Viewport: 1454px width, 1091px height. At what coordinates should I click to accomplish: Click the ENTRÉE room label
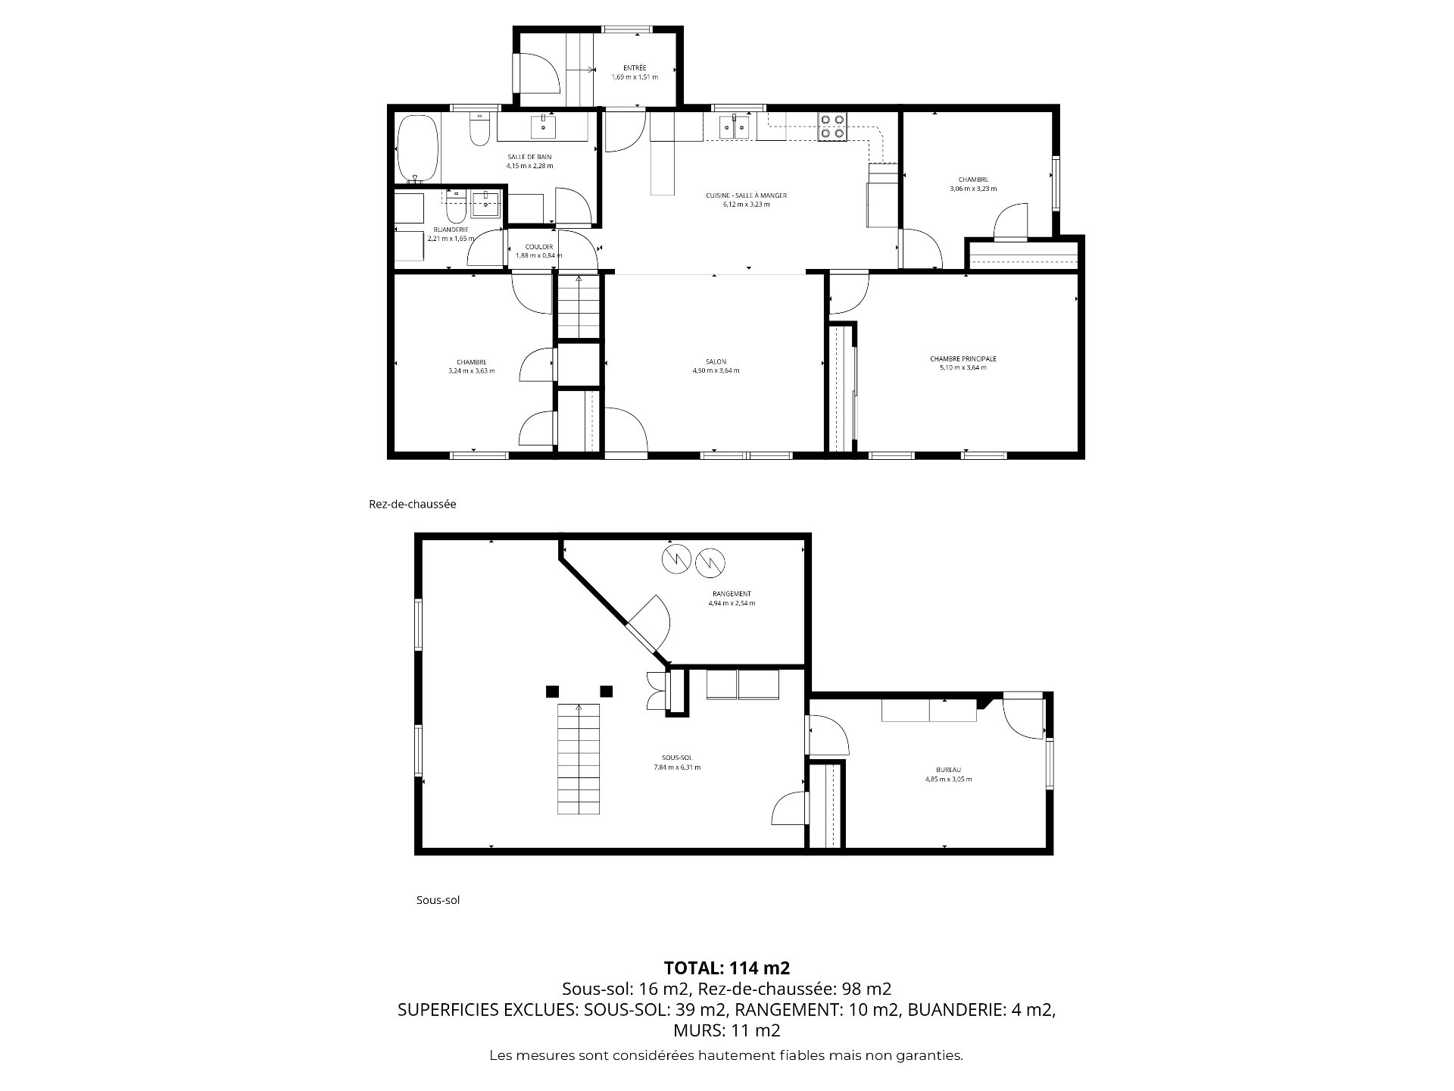tap(635, 68)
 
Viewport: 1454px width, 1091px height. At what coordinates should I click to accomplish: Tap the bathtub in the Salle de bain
tap(418, 149)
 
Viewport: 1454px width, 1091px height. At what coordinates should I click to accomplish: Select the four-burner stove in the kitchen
tap(832, 127)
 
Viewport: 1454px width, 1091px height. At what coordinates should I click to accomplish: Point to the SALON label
tap(716, 361)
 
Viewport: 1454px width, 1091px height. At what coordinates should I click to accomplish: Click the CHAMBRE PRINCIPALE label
tap(963, 358)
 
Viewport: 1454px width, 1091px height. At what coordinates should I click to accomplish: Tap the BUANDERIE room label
tap(451, 230)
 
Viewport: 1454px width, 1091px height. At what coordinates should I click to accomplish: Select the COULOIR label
tap(539, 247)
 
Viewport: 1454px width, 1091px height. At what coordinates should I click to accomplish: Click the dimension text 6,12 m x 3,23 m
tap(746, 205)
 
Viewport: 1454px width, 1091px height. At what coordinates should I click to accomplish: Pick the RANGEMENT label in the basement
tap(732, 594)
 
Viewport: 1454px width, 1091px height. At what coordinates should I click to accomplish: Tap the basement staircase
tap(579, 759)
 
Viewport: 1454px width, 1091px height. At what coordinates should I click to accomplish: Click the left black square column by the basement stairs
tap(552, 691)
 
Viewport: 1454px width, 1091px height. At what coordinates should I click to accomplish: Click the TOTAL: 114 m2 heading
tap(727, 968)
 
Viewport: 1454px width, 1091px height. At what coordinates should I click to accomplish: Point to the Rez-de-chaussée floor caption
tap(413, 504)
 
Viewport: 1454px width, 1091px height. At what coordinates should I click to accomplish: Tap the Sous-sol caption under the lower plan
tap(438, 900)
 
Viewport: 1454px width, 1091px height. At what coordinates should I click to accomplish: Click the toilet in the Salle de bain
tap(479, 130)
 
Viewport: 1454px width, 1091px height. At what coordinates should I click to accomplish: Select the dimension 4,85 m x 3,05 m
tap(948, 779)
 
